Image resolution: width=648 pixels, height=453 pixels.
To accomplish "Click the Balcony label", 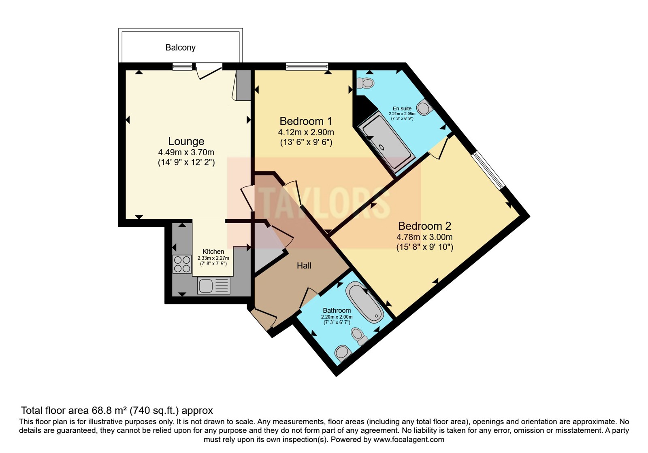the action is pyautogui.click(x=180, y=47).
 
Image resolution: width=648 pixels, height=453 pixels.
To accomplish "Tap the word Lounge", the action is pyautogui.click(x=186, y=142).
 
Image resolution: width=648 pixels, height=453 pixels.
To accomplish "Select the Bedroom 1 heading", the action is pyautogui.click(x=306, y=121).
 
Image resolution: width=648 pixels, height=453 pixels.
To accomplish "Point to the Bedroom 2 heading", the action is pyautogui.click(x=425, y=226).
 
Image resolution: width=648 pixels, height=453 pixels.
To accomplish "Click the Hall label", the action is pyautogui.click(x=304, y=265).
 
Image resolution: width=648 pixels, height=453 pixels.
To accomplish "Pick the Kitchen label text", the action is pyautogui.click(x=213, y=252).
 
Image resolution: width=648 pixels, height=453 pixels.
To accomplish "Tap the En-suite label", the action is pyautogui.click(x=402, y=109).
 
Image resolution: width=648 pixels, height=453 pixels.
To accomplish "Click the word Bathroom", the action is pyautogui.click(x=337, y=311).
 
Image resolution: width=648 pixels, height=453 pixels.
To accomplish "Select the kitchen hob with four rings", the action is pyautogui.click(x=182, y=264).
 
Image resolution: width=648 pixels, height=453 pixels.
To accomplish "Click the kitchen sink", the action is pyautogui.click(x=214, y=286).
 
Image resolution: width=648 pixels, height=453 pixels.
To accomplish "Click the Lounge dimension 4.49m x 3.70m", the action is pyautogui.click(x=186, y=152).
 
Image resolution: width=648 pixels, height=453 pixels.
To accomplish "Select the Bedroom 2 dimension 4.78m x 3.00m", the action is pyautogui.click(x=424, y=237).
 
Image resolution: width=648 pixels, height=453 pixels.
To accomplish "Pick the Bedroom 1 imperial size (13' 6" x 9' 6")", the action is pyautogui.click(x=306, y=142).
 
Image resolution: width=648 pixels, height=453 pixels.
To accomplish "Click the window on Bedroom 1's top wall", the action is pyautogui.click(x=307, y=66).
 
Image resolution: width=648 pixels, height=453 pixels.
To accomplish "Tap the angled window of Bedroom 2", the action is pyautogui.click(x=488, y=171).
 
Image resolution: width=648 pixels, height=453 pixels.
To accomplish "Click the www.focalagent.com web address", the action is pyautogui.click(x=409, y=439).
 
